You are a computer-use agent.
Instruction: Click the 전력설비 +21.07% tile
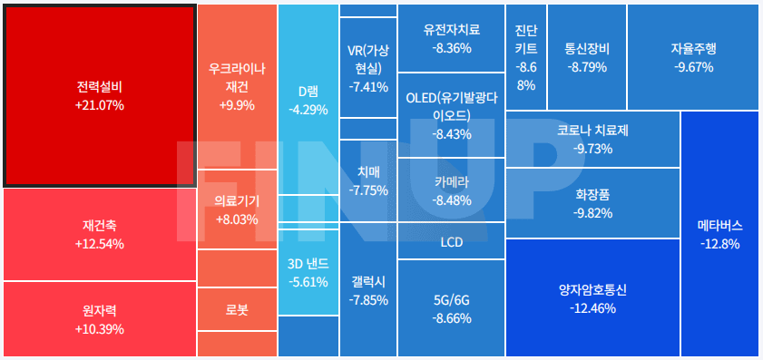[x=100, y=95]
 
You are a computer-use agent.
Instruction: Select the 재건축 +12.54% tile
[x=100, y=234]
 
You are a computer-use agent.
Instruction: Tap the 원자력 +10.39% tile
[x=100, y=319]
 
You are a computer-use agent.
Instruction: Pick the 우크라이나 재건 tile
[x=237, y=86]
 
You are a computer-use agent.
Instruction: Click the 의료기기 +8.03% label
[x=237, y=210]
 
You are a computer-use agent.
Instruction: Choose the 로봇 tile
[x=237, y=310]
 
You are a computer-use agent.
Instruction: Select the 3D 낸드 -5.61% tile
[x=308, y=273]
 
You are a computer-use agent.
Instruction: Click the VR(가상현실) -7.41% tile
[x=368, y=68]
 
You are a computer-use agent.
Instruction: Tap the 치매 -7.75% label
[x=368, y=180]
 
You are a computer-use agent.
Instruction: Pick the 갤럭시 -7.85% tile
[x=368, y=290]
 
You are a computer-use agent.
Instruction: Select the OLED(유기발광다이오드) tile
[x=452, y=115]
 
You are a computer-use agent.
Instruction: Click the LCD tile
[x=452, y=243]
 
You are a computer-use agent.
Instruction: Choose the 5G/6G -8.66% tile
[x=452, y=308]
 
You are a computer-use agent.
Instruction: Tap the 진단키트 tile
[x=526, y=56]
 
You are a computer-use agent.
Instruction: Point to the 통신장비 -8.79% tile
[x=586, y=56]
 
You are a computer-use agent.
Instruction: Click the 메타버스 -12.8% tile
[x=719, y=234]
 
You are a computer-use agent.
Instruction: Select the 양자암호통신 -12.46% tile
[x=592, y=299]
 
